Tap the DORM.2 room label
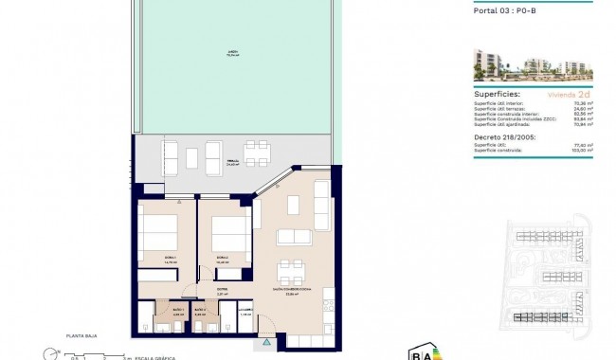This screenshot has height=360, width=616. pos(221,258)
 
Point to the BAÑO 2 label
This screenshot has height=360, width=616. pos(200,309)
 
